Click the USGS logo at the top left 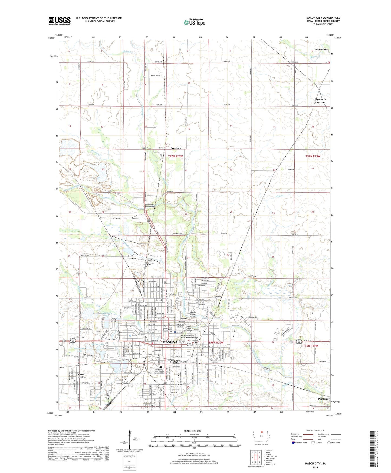pos(60,21)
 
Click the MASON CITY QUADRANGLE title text pos(323,18)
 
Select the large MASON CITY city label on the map pos(173,342)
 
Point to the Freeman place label pos(176,148)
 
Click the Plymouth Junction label pos(320,101)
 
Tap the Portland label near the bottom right pos(323,399)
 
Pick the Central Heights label pos(81,376)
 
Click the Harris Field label pos(155,76)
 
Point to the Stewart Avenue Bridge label pos(192,314)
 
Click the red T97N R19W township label pos(313,156)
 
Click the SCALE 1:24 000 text pos(192,431)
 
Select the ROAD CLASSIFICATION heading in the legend pos(315,430)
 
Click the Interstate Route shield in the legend pos(293,443)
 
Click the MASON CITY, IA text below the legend pos(315,464)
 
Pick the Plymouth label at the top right pos(321,50)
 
